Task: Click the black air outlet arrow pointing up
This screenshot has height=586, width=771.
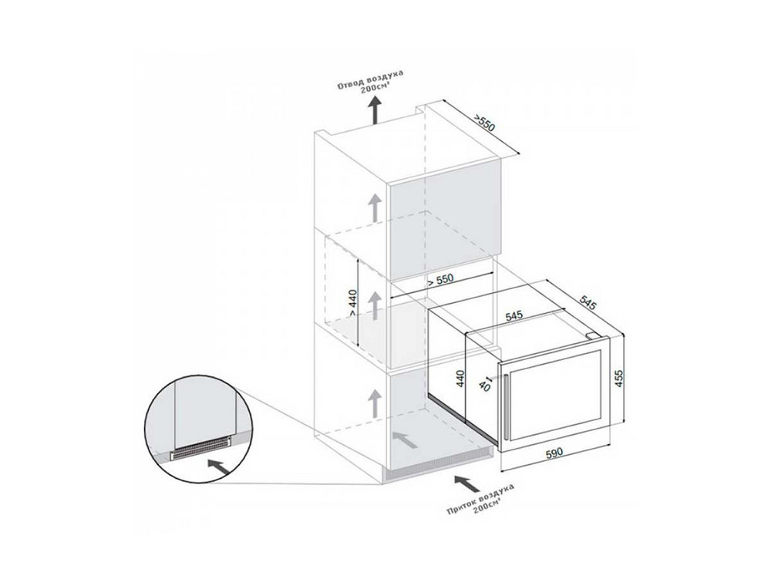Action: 375,109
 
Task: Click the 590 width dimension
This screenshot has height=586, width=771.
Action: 554,453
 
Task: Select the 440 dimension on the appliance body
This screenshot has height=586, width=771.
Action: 461,379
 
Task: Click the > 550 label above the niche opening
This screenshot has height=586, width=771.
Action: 439,280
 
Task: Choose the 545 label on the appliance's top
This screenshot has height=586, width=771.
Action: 513,315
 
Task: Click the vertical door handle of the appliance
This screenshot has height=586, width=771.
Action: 505,406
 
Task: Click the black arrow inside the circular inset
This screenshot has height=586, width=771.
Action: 219,467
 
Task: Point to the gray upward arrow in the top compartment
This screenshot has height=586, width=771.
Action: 375,207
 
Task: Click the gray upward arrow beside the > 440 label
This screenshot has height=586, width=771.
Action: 375,305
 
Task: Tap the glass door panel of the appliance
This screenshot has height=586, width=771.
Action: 557,392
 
